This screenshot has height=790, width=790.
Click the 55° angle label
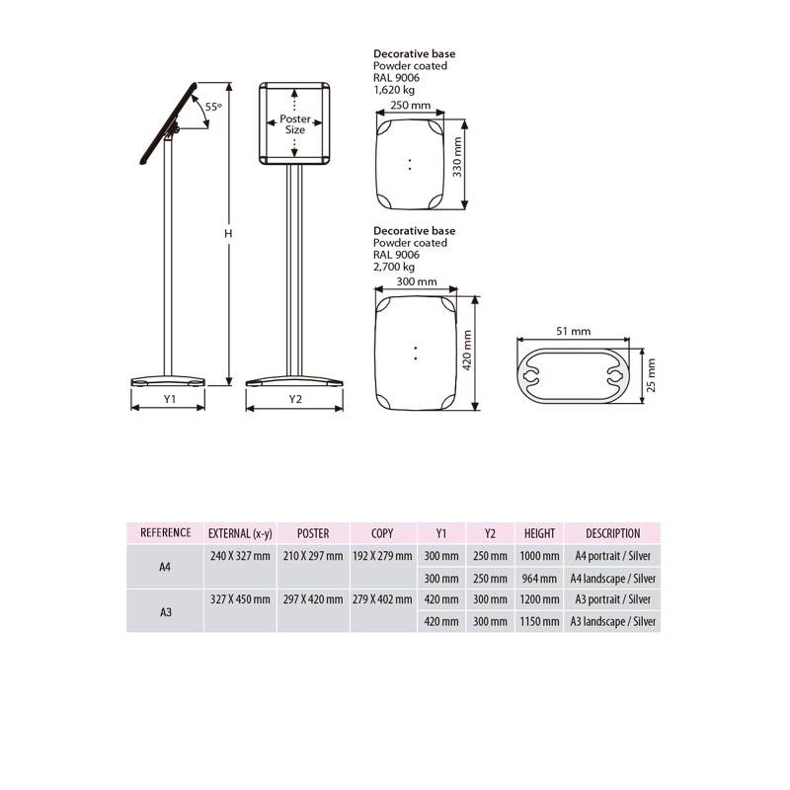[213, 107]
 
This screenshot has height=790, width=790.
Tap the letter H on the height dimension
[228, 234]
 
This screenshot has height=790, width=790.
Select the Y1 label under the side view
[169, 399]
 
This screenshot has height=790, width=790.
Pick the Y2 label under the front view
[295, 399]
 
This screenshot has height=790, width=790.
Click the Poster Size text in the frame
[295, 124]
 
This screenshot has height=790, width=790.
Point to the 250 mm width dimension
[411, 105]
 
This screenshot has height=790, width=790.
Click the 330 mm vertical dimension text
[457, 157]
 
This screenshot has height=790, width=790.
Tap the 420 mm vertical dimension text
[467, 351]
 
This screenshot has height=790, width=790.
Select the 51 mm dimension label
[574, 331]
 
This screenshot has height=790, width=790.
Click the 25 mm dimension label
[651, 375]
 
